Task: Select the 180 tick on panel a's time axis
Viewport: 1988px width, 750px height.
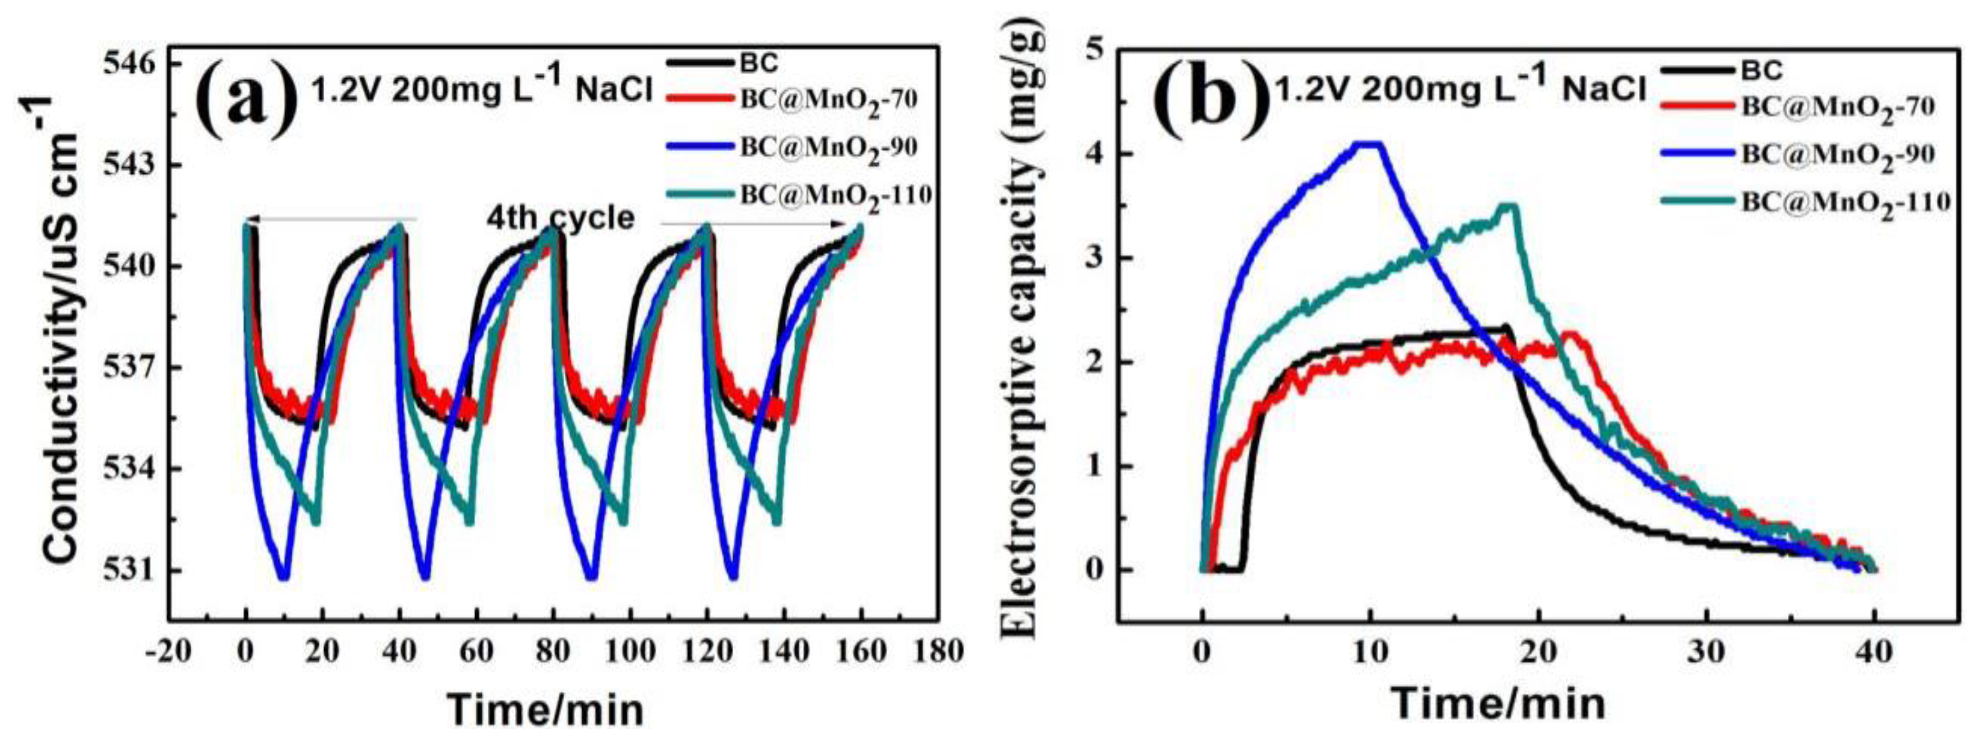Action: pos(936,653)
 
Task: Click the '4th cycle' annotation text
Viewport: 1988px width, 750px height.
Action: pos(559,219)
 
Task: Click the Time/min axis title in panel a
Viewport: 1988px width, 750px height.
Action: pos(547,709)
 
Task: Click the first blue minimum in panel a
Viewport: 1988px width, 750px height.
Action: pos(283,575)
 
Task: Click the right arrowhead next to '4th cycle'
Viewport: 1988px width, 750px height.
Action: pos(844,224)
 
